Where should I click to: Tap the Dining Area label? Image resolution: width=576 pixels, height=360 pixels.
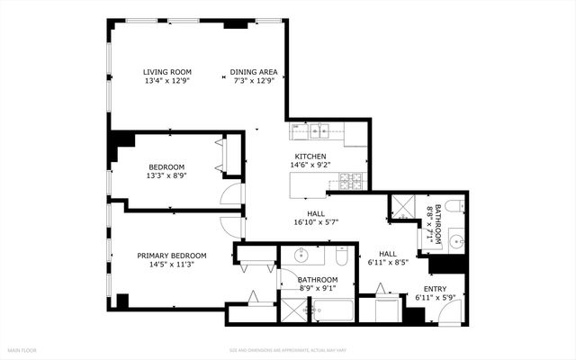point(254,72)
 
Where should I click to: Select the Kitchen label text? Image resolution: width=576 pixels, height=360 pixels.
point(310,156)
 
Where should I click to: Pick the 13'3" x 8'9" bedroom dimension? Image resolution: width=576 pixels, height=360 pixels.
point(166,176)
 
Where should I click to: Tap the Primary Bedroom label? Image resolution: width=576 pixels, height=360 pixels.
point(171,256)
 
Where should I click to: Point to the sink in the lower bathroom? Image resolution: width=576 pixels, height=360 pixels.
point(305,256)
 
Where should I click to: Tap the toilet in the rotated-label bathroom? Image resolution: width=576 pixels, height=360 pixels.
point(454,207)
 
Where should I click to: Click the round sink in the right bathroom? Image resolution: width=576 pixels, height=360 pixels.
point(454,241)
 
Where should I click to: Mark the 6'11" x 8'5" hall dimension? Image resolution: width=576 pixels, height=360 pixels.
point(388,264)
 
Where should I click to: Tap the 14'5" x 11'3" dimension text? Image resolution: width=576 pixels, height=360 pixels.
point(171,265)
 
